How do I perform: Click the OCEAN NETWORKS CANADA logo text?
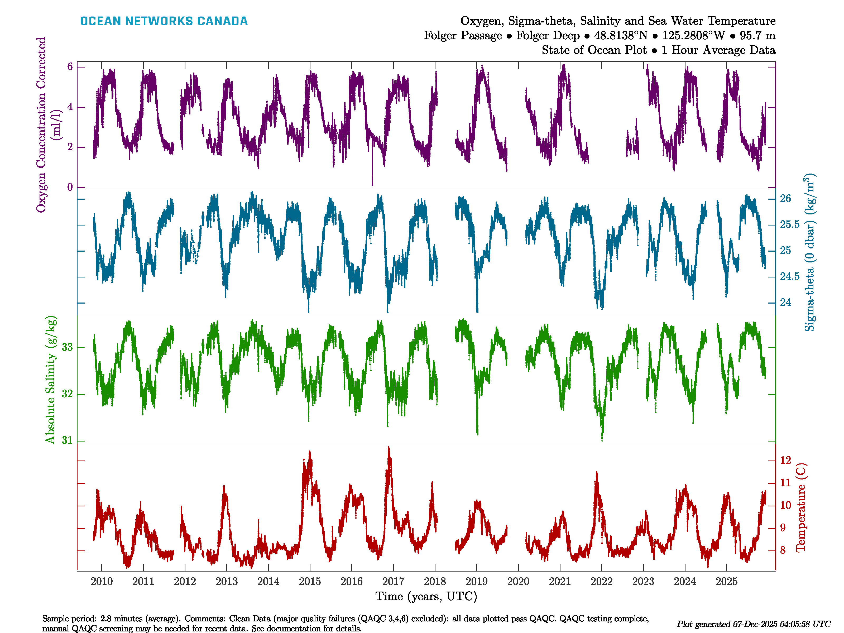pyautogui.click(x=164, y=21)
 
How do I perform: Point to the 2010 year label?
pyautogui.click(x=102, y=582)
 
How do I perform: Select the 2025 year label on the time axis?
pyautogui.click(x=726, y=582)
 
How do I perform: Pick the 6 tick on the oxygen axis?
pyautogui.click(x=70, y=67)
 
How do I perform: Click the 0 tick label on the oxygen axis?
pyautogui.click(x=70, y=187)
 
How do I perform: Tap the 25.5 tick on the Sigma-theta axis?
pyautogui.click(x=789, y=224)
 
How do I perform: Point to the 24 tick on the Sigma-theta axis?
pyautogui.click(x=785, y=303)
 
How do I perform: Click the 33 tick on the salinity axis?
pyautogui.click(x=67, y=347)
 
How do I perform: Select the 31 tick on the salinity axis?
pyautogui.click(x=67, y=440)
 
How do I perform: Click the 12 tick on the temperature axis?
pyautogui.click(x=785, y=460)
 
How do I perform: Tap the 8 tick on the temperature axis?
pyautogui.click(x=783, y=550)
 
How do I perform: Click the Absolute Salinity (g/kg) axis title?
pyautogui.click(x=50, y=380)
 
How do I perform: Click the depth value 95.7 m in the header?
pyautogui.click(x=757, y=36)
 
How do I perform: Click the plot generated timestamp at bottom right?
pyautogui.click(x=754, y=624)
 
